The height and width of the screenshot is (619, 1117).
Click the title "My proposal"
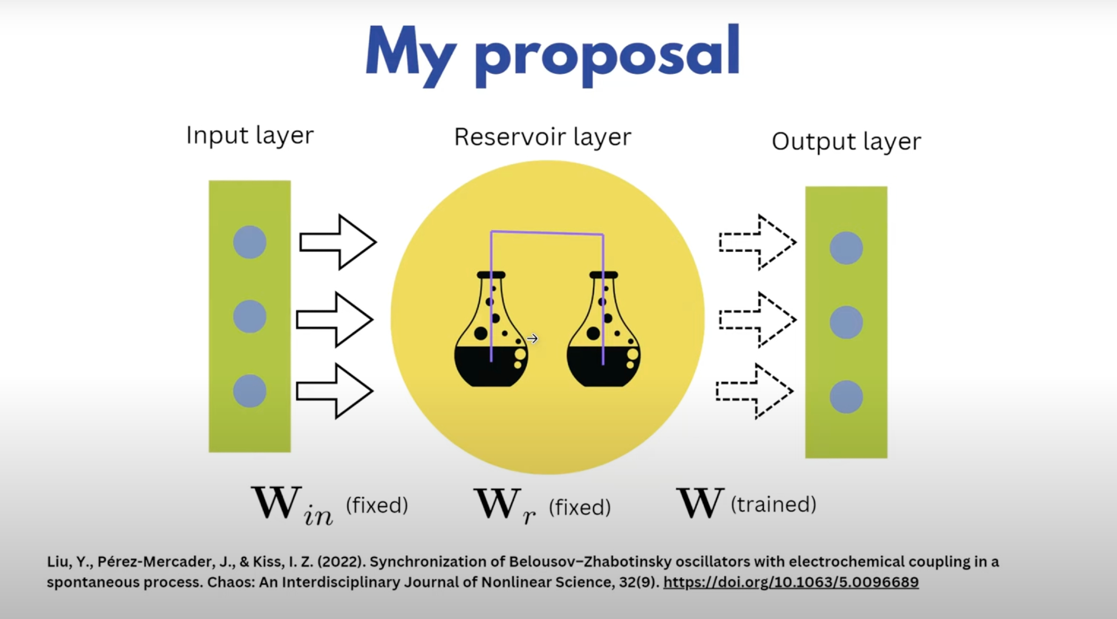tap(553, 53)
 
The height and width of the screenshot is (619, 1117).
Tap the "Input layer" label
tap(250, 136)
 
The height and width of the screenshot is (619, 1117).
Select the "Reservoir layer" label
tap(542, 137)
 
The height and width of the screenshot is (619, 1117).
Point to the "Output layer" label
tap(846, 142)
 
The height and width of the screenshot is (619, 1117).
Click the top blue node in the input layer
tap(250, 242)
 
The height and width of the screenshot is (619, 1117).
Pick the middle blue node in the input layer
tap(250, 317)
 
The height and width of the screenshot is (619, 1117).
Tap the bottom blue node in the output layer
tap(846, 397)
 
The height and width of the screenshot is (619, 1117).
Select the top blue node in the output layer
tap(846, 248)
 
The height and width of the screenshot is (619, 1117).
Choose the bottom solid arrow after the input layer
tap(335, 391)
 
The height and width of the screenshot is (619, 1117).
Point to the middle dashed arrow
tap(757, 320)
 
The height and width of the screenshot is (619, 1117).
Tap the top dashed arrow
tap(757, 242)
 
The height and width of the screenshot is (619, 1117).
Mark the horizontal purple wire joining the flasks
tap(547, 233)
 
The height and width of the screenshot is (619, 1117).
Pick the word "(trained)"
tap(774, 504)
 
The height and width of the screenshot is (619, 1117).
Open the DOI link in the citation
tap(791, 582)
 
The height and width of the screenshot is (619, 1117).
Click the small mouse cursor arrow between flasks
tap(532, 339)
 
